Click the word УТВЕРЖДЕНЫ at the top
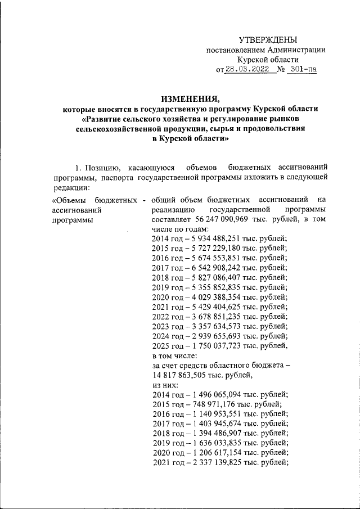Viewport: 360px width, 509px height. pos(267,39)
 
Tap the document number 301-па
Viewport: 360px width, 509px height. pos(301,70)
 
